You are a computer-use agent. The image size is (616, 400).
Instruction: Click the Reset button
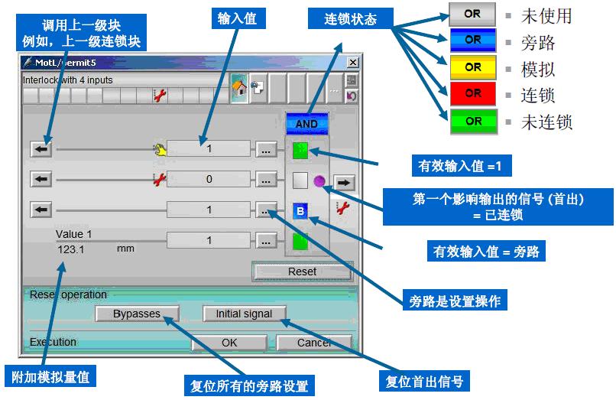pos(302,272)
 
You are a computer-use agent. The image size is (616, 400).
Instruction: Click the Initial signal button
pos(244,314)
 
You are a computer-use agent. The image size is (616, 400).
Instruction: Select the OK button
pos(229,343)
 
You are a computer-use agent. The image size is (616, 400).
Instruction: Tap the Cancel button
pos(313,343)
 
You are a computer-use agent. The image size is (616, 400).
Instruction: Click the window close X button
pos(352,62)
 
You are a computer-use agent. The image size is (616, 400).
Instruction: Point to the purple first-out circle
pos(319,182)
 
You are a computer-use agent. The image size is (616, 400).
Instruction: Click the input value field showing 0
pos(209,180)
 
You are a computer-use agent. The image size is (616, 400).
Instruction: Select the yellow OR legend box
pos(473,67)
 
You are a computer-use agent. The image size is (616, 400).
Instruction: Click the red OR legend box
pos(473,94)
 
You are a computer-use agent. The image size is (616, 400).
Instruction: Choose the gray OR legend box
pos(473,15)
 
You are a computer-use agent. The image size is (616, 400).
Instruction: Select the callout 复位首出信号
pos(423,381)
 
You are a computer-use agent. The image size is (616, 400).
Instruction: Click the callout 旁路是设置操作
pos(456,301)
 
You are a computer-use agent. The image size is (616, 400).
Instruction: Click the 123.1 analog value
pos(70,249)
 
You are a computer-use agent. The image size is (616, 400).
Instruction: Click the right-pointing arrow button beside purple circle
pos(345,182)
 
